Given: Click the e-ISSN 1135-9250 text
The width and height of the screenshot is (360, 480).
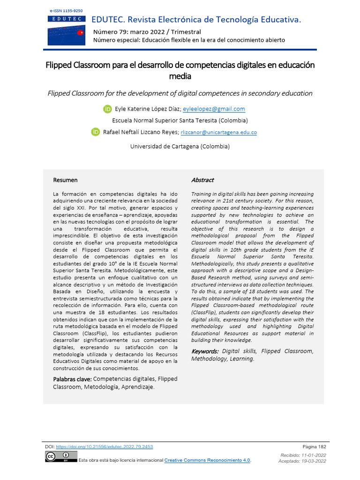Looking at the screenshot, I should pos(65,10).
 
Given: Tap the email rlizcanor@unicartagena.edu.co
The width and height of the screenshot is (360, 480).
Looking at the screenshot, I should pos(219,133).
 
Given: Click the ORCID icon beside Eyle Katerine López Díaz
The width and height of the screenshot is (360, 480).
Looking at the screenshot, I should pos(107,109).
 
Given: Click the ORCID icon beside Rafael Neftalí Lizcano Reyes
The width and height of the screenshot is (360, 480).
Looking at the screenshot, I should pos(95,132).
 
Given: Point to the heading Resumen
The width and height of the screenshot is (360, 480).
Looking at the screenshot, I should pos(65,180).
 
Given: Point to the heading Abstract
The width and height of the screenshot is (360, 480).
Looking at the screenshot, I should pos(202,180).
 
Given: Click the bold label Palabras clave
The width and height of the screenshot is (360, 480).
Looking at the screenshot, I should pos(72,379).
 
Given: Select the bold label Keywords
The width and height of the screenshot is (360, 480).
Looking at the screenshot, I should pos(205,351).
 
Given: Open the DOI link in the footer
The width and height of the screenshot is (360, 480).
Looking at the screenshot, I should pos(104,447).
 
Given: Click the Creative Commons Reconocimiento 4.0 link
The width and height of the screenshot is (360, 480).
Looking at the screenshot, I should pos(207,460).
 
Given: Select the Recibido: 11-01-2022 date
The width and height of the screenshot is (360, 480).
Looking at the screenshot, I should pos(303,455).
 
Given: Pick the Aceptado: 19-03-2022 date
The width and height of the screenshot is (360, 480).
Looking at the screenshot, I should pos(303,461).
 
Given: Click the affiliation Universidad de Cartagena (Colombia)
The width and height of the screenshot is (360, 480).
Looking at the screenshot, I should pos(180,146).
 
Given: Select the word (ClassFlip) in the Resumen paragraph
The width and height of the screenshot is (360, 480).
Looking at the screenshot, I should pos(99,333).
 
